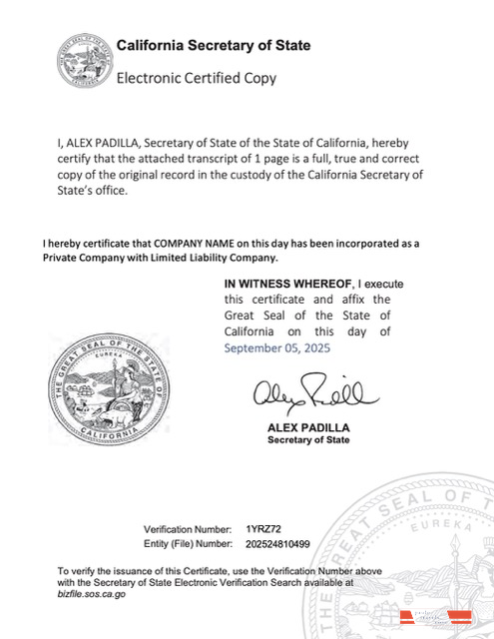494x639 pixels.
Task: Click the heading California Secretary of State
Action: (214, 46)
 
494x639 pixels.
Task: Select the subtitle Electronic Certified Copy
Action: (197, 77)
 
